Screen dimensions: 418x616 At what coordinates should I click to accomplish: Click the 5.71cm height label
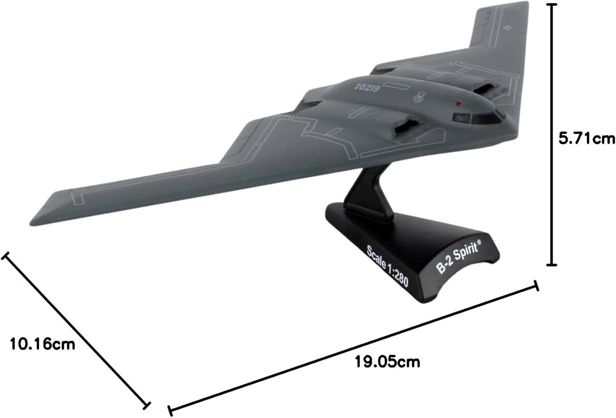(587, 139)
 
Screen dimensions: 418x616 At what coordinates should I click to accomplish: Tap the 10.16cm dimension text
(43, 343)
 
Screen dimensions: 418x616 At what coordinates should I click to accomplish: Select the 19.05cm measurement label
(387, 362)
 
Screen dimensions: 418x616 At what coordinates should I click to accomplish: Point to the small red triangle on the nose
(459, 103)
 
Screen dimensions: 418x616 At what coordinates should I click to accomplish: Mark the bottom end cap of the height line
(553, 265)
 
